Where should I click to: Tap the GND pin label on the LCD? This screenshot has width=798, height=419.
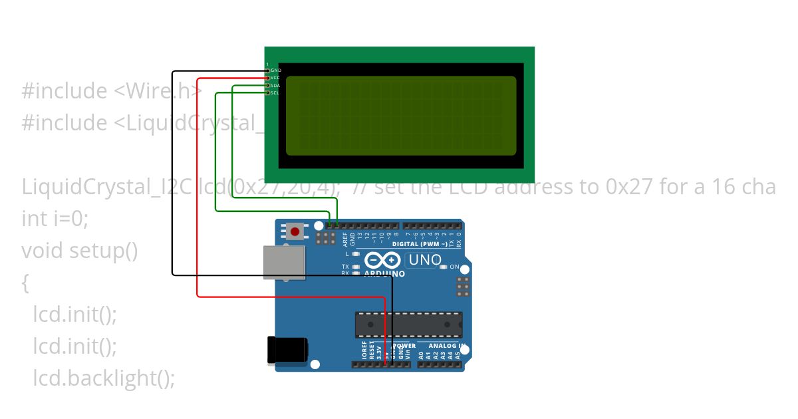click(276, 70)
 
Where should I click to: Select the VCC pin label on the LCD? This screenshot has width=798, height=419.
click(276, 78)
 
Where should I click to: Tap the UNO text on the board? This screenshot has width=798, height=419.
click(425, 259)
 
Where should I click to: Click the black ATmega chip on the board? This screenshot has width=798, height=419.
click(408, 324)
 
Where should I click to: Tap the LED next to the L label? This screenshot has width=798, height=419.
click(356, 254)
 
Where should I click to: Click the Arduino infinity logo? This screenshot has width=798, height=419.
click(382, 259)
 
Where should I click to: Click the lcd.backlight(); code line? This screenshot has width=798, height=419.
click(104, 378)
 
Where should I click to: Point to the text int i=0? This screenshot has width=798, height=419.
click(55, 219)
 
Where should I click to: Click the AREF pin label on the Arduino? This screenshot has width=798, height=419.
click(344, 236)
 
